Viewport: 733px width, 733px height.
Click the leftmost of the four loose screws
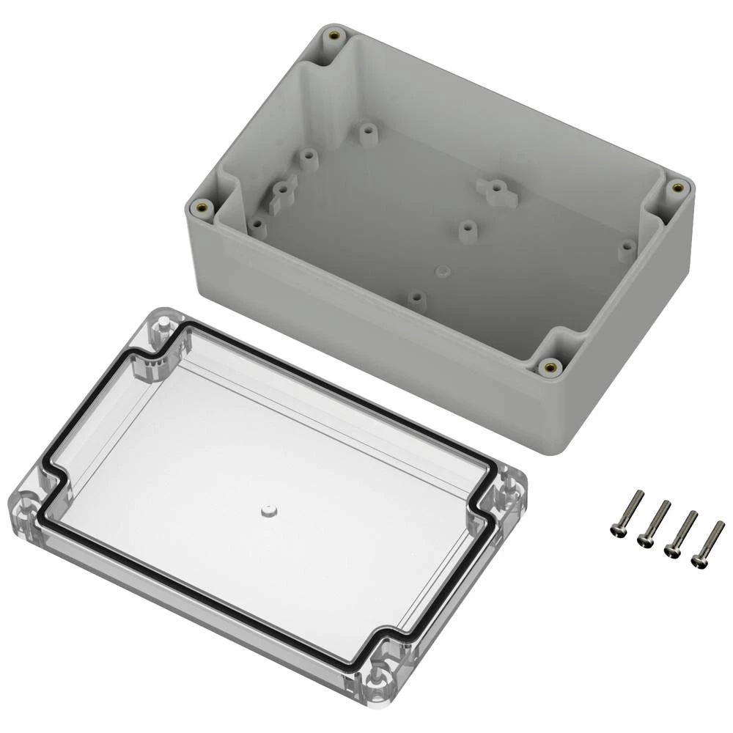(x=627, y=513)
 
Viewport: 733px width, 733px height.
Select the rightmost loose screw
(x=708, y=543)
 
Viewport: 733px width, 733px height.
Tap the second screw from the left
(x=655, y=523)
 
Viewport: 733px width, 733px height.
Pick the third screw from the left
(x=681, y=533)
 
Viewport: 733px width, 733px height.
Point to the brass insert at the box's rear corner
(x=334, y=35)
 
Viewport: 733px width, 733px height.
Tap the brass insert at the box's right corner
(x=678, y=188)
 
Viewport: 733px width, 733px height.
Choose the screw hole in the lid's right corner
(x=510, y=490)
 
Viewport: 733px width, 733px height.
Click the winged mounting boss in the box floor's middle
(x=497, y=190)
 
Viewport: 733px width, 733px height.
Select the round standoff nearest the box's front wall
(x=416, y=298)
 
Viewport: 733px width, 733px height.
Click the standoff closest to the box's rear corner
(x=366, y=133)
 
